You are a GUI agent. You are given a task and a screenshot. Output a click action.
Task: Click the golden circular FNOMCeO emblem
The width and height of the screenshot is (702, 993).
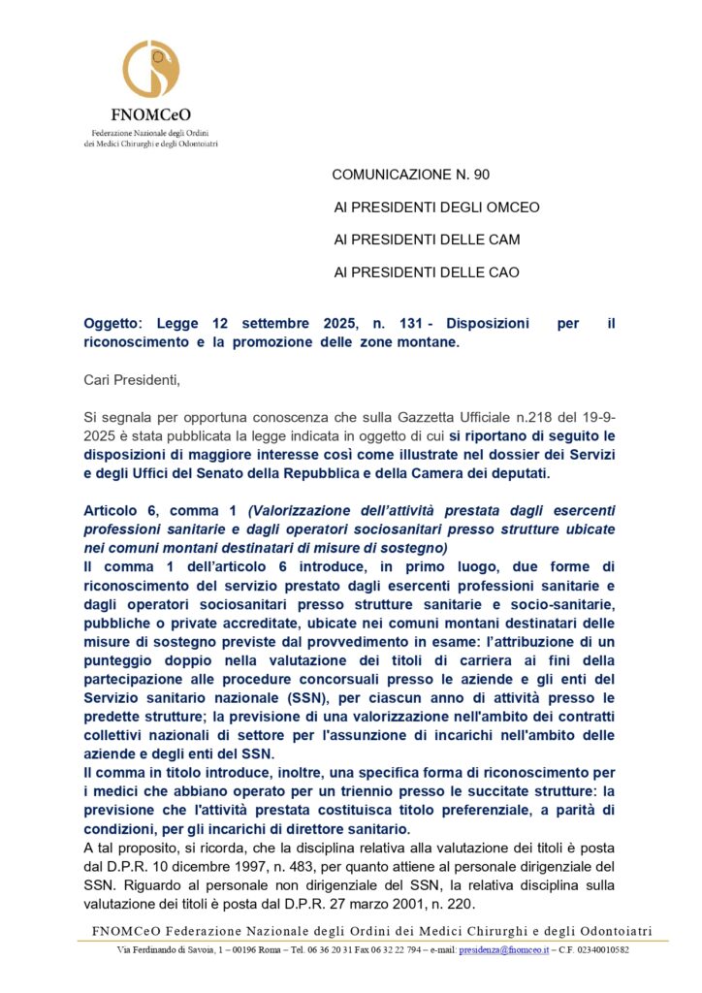[x=150, y=69]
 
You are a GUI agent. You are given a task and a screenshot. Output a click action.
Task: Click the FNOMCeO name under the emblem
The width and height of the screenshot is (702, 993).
[x=150, y=114]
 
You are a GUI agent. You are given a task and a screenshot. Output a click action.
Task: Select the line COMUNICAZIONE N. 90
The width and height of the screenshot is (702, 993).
[x=411, y=175]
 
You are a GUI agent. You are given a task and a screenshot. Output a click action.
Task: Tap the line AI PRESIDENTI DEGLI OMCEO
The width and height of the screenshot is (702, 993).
[x=436, y=208]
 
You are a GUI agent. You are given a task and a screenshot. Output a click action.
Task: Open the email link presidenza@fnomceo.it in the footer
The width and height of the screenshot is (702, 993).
[x=503, y=949]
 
